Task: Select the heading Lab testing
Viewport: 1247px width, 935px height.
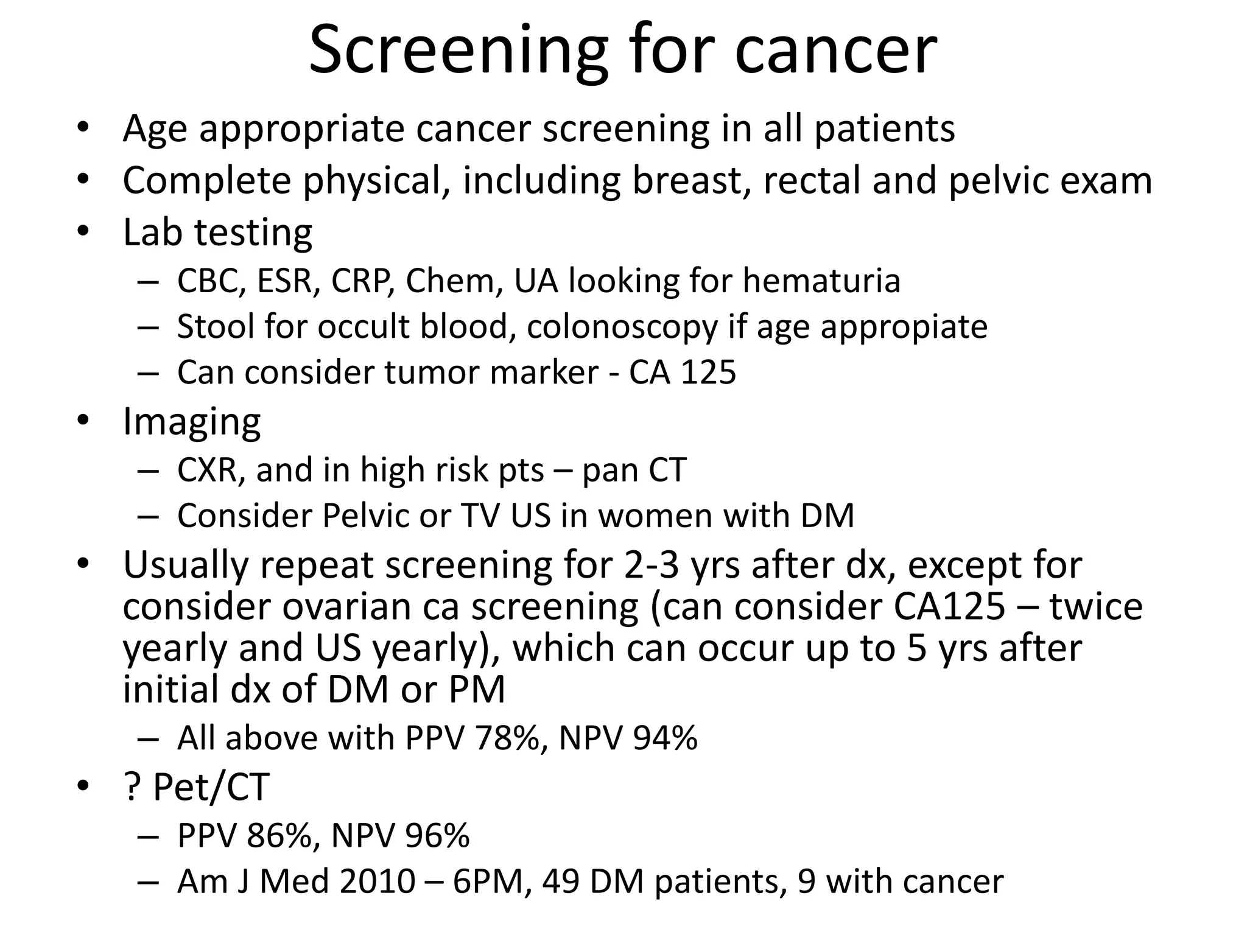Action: [217, 233]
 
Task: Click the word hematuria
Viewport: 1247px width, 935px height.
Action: [821, 281]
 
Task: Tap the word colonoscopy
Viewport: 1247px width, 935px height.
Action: [622, 327]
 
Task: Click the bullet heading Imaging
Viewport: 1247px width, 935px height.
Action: [192, 421]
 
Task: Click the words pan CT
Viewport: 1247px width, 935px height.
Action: [634, 471]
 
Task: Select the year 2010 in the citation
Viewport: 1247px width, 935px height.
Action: [378, 881]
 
